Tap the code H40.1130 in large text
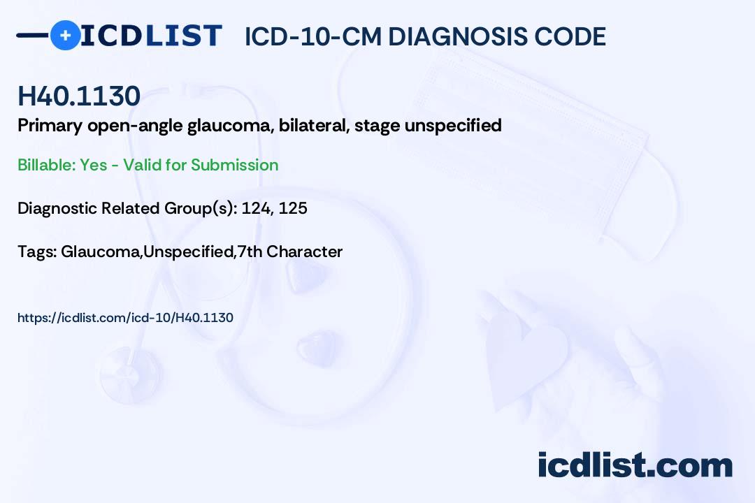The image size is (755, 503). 78,96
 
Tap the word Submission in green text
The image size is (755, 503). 234,165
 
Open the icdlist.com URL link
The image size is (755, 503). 125,318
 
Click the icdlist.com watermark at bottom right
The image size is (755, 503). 635,465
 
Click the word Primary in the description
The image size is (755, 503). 50,126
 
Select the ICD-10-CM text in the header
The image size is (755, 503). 313,37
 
